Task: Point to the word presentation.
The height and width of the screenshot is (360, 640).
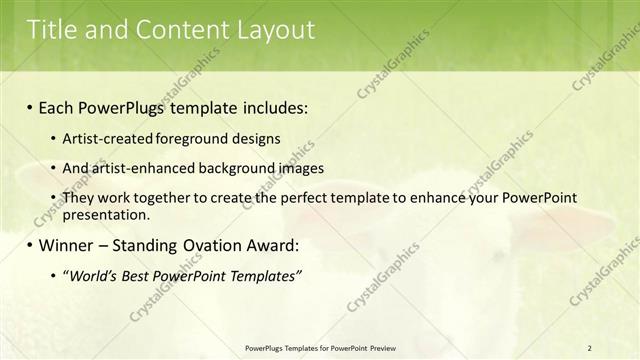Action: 106,214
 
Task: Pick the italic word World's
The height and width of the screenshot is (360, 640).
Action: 92,275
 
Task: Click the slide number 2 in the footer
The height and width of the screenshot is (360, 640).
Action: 590,347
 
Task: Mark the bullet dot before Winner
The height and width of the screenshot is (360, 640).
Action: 30,246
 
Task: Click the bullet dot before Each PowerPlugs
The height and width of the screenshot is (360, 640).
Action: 30,108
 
